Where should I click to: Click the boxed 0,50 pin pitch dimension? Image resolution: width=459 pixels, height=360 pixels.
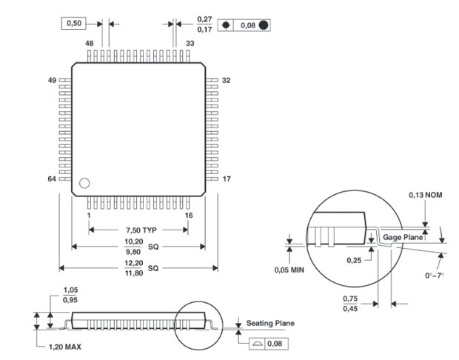[75, 24]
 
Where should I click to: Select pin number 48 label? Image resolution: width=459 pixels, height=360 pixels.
[90, 44]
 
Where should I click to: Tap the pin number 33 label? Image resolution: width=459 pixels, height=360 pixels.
[190, 44]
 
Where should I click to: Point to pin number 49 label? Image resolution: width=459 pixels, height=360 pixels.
[52, 80]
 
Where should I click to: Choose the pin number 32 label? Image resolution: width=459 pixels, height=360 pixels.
[227, 80]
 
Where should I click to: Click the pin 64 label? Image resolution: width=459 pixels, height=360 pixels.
[52, 179]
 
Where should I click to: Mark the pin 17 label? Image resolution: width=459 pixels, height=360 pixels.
[227, 179]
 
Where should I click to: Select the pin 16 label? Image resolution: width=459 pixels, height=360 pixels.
[190, 216]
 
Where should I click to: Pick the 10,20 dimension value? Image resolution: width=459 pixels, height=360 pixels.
[132, 242]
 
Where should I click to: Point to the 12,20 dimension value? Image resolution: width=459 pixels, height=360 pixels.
[132, 263]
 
